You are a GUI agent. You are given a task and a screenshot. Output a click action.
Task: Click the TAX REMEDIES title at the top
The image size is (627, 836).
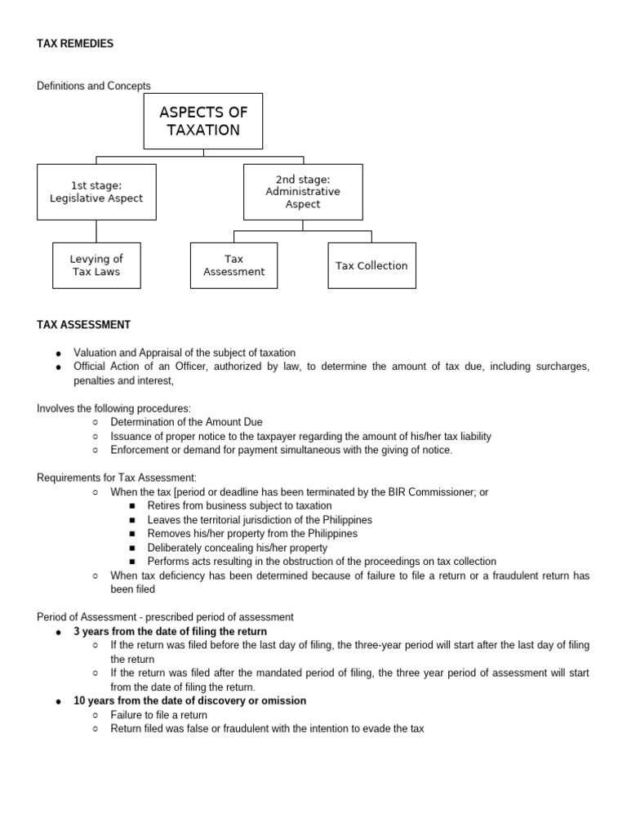75,44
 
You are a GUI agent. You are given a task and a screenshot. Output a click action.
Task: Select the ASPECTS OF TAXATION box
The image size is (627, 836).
203,121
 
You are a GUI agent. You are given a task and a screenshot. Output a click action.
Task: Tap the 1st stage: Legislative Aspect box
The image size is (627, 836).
96,192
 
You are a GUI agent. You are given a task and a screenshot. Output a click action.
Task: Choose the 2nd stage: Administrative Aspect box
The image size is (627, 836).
303,192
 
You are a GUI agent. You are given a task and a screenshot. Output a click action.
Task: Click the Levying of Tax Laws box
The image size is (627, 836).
96,265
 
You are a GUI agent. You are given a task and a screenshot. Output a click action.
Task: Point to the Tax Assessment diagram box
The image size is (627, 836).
233,265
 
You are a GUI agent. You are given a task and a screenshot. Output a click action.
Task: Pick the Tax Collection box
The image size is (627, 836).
371,265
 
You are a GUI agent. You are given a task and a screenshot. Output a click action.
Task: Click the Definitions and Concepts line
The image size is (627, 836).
94,86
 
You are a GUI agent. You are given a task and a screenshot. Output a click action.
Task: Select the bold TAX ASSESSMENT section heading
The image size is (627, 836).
83,325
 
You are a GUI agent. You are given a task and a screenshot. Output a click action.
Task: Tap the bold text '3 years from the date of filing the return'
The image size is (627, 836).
170,632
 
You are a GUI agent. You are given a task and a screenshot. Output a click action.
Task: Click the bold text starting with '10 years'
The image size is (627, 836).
189,701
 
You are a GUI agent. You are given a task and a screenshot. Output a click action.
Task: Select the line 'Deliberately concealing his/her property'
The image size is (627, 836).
238,548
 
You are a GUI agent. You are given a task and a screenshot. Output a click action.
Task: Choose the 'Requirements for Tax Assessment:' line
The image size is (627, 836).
117,478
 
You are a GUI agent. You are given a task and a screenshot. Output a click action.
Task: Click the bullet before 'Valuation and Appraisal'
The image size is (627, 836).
58,354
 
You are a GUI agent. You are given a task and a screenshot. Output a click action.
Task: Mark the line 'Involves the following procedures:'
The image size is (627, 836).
113,408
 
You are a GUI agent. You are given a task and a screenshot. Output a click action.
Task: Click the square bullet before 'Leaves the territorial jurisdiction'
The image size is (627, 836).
132,520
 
